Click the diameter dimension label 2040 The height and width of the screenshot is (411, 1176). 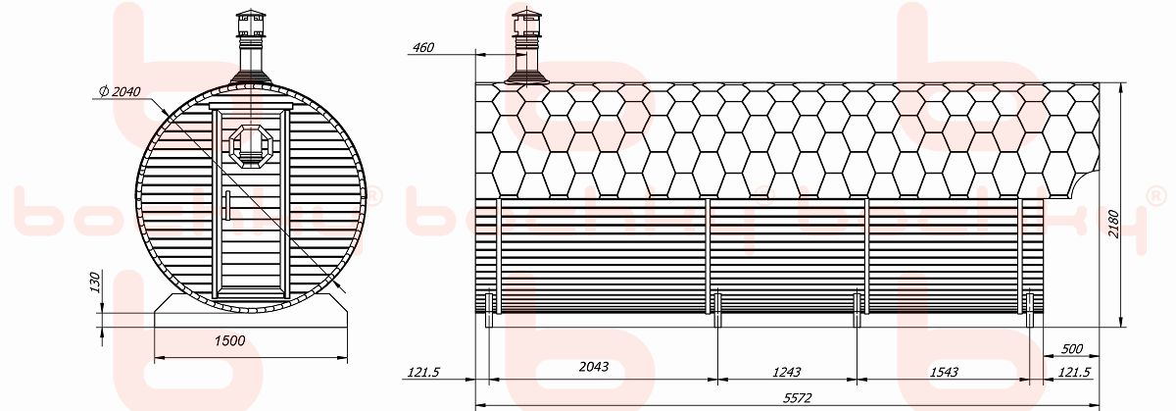click(x=120, y=92)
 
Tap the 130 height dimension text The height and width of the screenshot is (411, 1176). click(x=95, y=283)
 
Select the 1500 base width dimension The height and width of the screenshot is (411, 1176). click(x=229, y=340)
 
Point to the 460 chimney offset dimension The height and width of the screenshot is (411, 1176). click(x=423, y=47)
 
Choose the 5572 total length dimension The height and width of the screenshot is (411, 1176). click(x=798, y=398)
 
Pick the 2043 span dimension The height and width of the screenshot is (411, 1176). click(x=594, y=366)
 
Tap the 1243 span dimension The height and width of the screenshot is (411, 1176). click(x=786, y=372)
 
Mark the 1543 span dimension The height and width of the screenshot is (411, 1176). click(x=944, y=372)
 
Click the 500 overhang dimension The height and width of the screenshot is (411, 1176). click(x=1072, y=348)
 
